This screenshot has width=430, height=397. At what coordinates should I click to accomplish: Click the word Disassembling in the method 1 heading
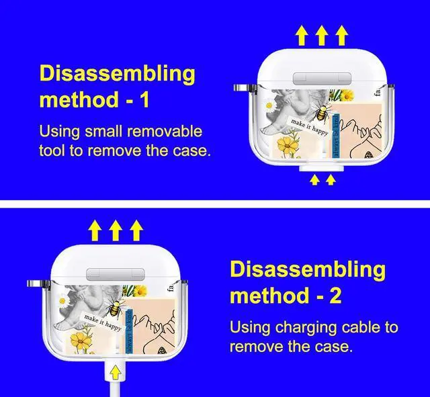[x=117, y=73]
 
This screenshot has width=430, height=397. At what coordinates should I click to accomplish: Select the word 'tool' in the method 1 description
[x=54, y=150]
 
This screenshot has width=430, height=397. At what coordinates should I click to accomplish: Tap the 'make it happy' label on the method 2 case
[x=103, y=323]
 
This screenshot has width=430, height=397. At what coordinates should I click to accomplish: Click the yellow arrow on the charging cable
[x=115, y=371]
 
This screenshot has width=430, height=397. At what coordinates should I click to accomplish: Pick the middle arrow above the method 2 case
[x=116, y=231]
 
